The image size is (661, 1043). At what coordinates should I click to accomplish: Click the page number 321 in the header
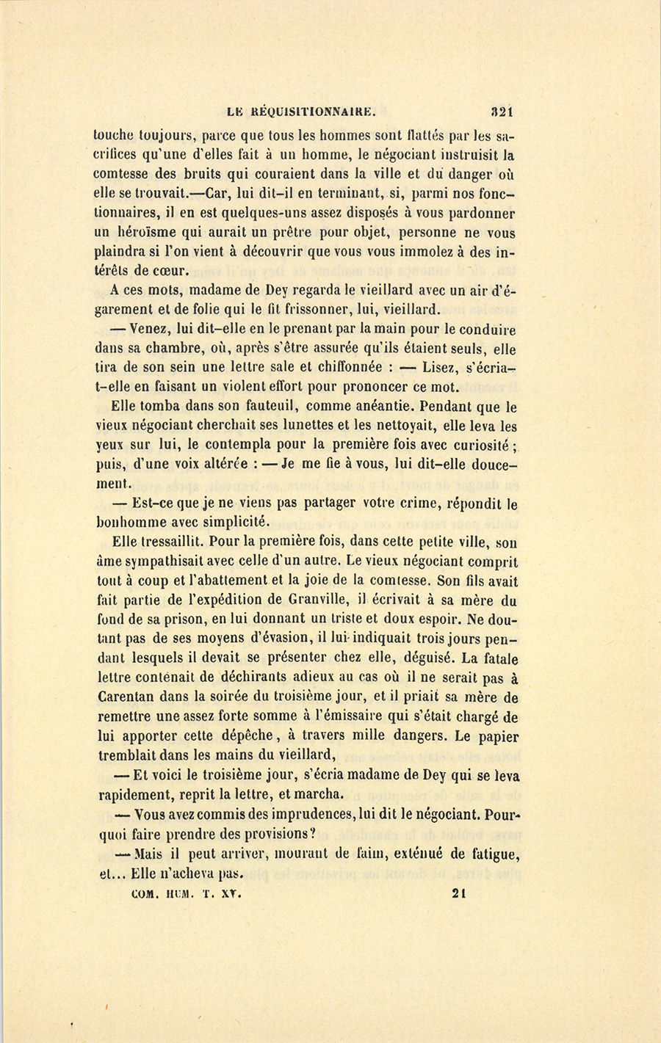point(502,112)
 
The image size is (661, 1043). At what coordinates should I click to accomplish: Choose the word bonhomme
point(132,523)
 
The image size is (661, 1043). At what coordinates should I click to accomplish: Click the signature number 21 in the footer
point(460,894)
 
